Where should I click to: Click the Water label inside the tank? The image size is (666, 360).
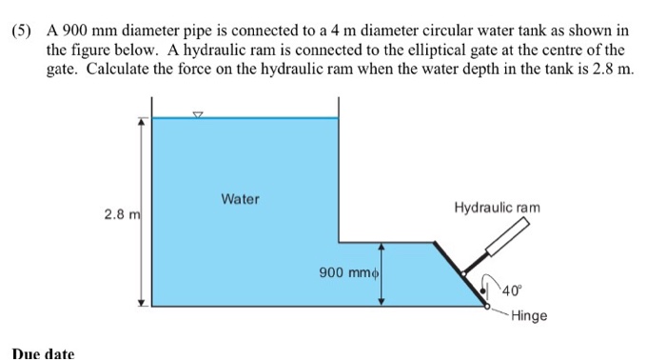click(x=240, y=199)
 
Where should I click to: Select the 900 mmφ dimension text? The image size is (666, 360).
click(x=349, y=272)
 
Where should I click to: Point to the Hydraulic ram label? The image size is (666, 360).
click(x=497, y=207)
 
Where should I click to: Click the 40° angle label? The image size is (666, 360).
click(x=513, y=290)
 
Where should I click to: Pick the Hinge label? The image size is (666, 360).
click(x=529, y=315)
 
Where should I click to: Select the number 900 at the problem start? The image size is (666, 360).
click(x=76, y=30)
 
